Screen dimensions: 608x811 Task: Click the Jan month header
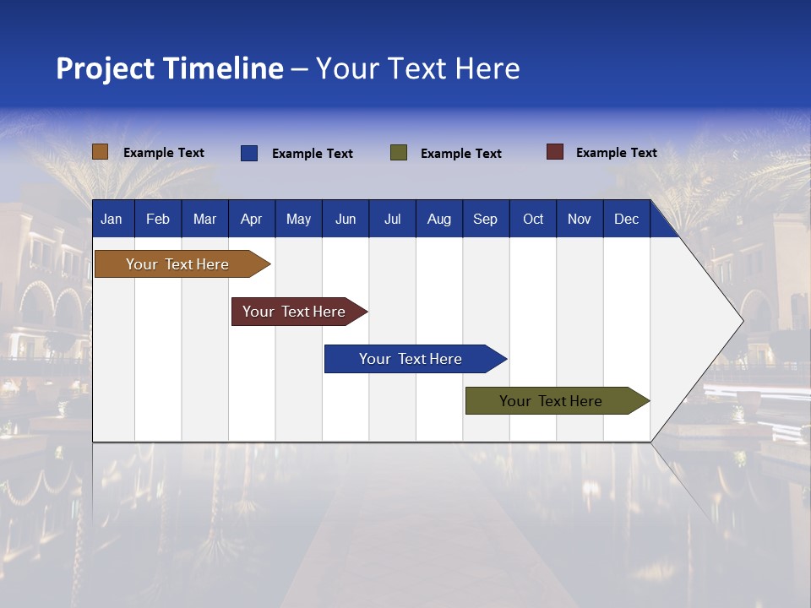(x=112, y=219)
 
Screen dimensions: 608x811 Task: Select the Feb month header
(x=158, y=219)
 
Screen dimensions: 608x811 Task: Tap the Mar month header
(x=204, y=219)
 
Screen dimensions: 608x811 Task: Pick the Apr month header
(x=252, y=219)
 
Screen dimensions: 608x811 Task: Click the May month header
(x=298, y=219)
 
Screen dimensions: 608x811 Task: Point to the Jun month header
(x=346, y=219)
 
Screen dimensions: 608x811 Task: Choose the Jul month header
(x=392, y=219)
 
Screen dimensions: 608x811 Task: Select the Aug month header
(x=439, y=219)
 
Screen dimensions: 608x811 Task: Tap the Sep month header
(x=486, y=219)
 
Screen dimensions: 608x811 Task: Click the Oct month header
(x=533, y=219)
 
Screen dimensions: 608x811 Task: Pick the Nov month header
(x=580, y=219)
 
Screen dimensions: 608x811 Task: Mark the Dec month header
(x=627, y=219)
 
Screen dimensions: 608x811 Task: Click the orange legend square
(x=101, y=152)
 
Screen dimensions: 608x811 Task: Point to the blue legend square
(x=249, y=153)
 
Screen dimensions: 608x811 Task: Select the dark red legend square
(x=555, y=152)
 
